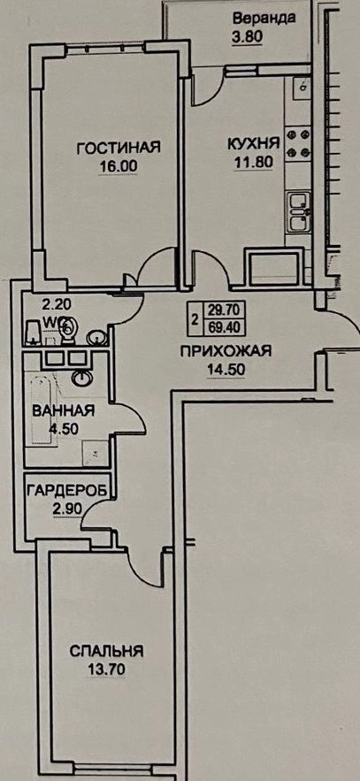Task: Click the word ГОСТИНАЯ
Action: pyautogui.click(x=118, y=148)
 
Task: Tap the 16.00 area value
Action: pyautogui.click(x=118, y=166)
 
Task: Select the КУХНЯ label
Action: pyautogui.click(x=253, y=143)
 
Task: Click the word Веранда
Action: pyautogui.click(x=264, y=19)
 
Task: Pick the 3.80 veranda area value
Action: pyautogui.click(x=248, y=36)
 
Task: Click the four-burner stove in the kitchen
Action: pyautogui.click(x=298, y=143)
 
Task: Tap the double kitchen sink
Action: pyautogui.click(x=299, y=212)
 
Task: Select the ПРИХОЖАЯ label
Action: pyautogui.click(x=226, y=352)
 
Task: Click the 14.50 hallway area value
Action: pyautogui.click(x=226, y=370)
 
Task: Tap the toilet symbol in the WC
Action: pyautogui.click(x=69, y=330)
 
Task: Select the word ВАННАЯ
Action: pyautogui.click(x=62, y=411)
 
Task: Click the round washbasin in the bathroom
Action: pyautogui.click(x=81, y=379)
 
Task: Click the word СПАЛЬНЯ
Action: pyautogui.click(x=106, y=651)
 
